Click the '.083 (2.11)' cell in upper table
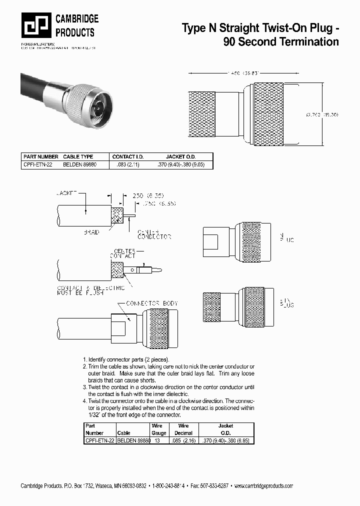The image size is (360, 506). click(x=122, y=164)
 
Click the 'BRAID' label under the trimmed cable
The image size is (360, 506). click(x=91, y=232)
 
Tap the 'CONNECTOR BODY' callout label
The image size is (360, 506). click(x=151, y=303)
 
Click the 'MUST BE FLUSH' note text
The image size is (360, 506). click(x=80, y=293)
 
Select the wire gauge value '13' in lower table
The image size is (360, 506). click(x=158, y=440)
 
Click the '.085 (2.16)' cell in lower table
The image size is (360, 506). click(x=183, y=440)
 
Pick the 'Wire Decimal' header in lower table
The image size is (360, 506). click(x=183, y=429)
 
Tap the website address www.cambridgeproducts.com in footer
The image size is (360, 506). click(x=263, y=486)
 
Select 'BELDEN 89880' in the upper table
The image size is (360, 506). click(x=79, y=164)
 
